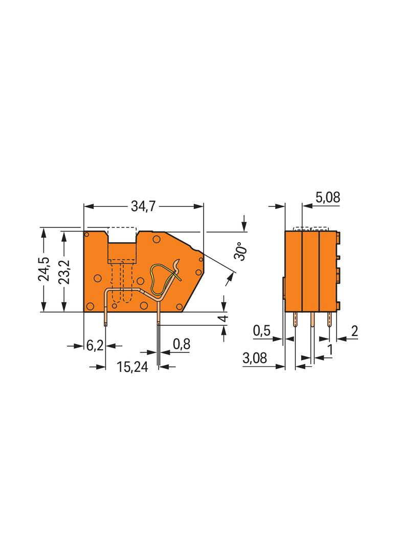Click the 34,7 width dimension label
tap(143, 206)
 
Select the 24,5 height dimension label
tap(44, 269)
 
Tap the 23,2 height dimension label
tap(64, 272)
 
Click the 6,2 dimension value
tap(94, 346)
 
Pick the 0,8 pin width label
tap(182, 344)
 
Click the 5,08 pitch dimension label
tap(328, 197)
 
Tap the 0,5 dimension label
tap(261, 331)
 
